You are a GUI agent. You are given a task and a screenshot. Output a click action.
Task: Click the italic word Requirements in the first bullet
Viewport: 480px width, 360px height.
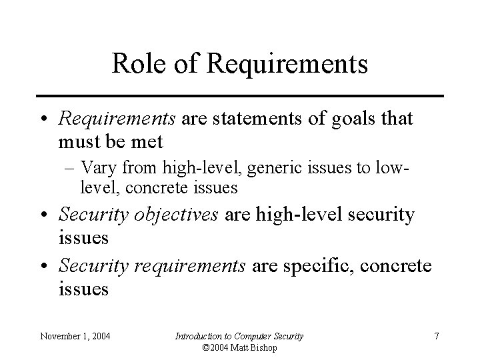click(117, 119)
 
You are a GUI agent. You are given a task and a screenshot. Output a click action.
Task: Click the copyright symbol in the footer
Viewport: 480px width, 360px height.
click(204, 348)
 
